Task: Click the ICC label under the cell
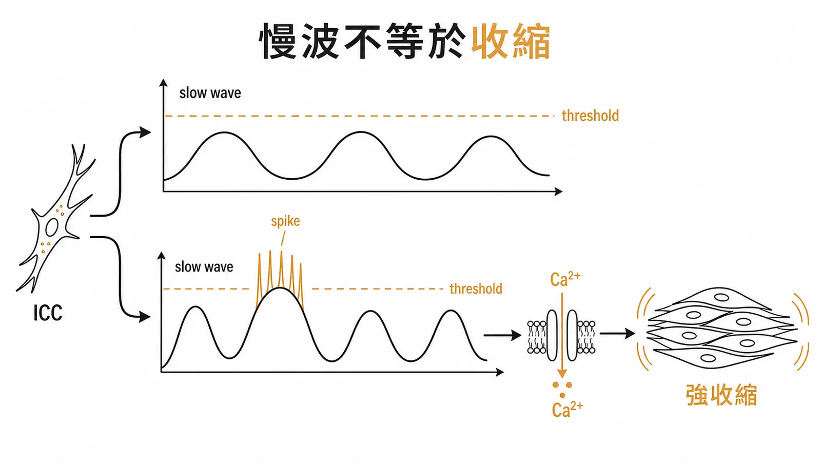48,313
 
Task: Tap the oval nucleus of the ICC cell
52,227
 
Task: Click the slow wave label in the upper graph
210,93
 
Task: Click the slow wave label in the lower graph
204,267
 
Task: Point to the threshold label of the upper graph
590,115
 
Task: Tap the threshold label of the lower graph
476,289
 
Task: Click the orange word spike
285,221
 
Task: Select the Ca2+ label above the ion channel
565,279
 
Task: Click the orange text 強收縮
721,395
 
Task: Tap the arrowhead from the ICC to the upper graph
145,132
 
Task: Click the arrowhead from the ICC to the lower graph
145,317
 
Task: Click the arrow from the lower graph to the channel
502,335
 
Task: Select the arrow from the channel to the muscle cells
617,333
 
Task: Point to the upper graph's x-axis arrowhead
559,191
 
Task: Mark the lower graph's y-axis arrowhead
161,256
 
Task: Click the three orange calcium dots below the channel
562,390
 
